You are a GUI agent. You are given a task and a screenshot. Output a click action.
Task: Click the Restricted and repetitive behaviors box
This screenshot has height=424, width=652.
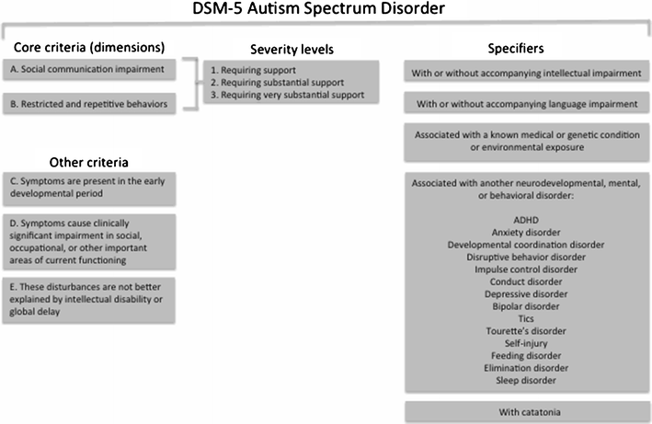[93, 105]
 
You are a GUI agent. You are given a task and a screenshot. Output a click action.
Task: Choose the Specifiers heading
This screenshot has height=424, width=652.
[524, 46]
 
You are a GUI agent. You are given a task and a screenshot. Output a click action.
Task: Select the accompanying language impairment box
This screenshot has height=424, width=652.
[524, 104]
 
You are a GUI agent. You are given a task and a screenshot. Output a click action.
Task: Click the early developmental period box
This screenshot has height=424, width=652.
[93, 189]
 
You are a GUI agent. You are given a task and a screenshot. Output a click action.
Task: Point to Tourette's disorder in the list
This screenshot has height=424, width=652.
[524, 330]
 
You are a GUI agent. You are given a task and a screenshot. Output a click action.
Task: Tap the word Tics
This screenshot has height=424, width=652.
[524, 318]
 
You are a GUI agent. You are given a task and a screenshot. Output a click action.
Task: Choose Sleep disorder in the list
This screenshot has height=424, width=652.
[524, 379]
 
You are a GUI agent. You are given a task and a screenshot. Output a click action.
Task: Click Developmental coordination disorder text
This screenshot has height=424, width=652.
[524, 246]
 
